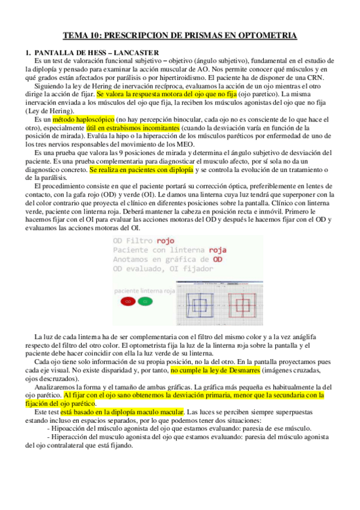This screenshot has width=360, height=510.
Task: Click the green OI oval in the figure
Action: tap(143, 301)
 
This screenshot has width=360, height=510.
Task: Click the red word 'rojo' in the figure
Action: tap(162, 241)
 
